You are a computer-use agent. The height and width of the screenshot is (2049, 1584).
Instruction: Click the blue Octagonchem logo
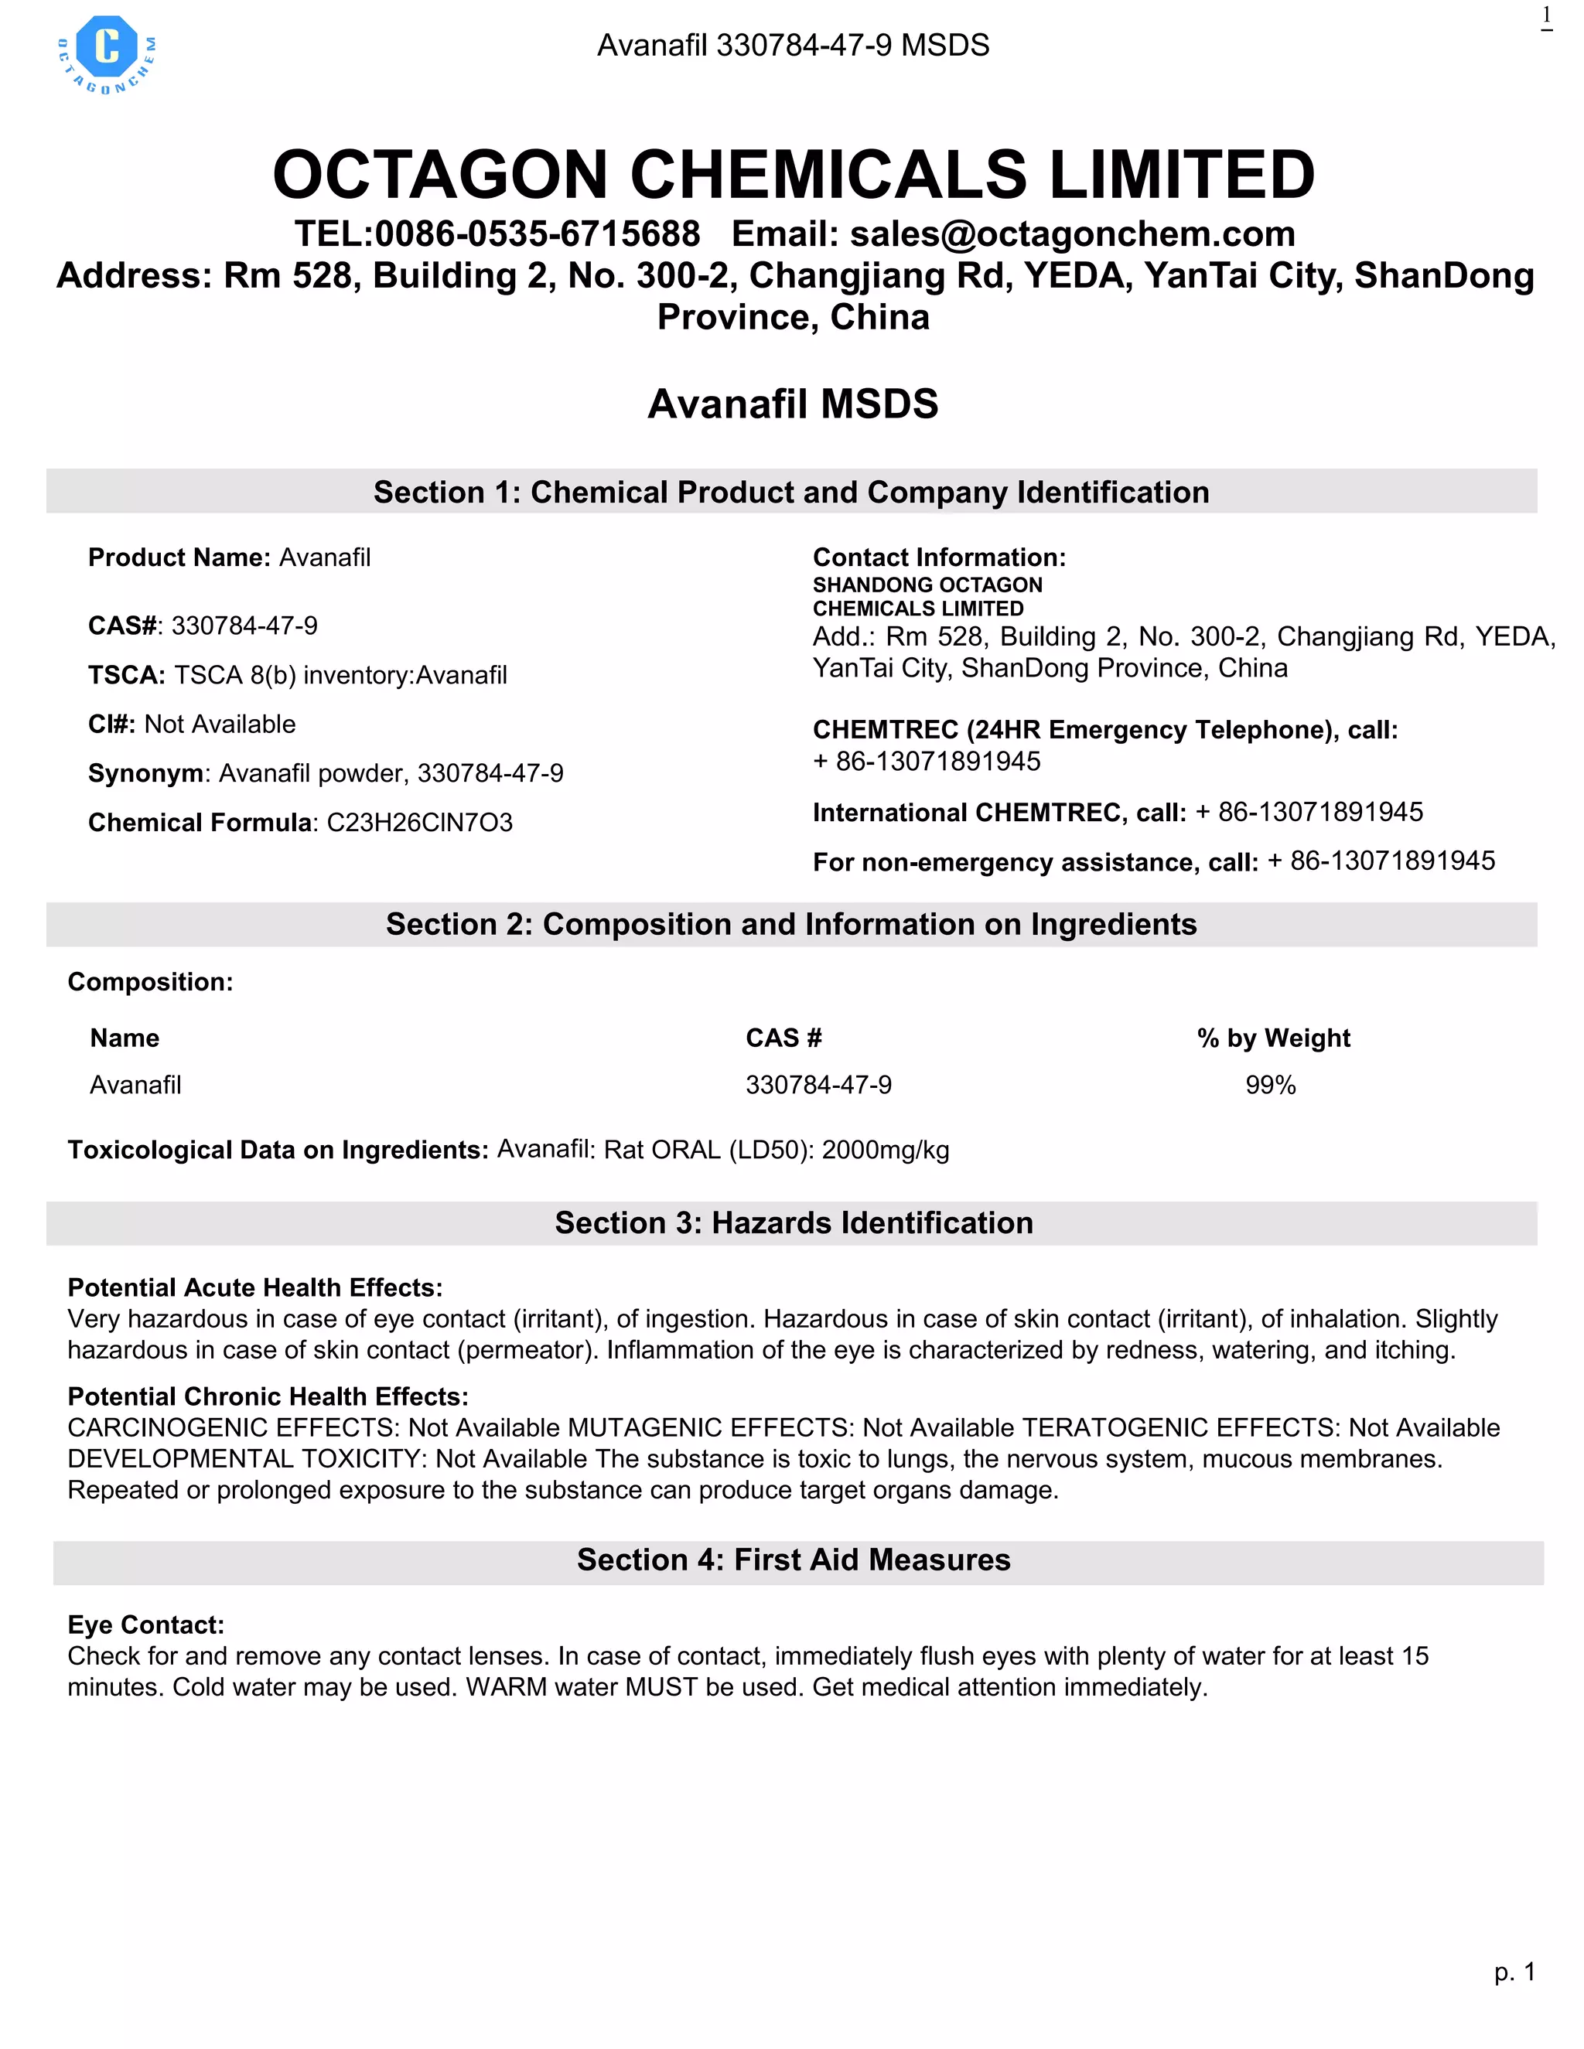(107, 53)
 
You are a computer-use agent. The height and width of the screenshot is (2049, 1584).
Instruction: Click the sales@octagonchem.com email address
(1072, 234)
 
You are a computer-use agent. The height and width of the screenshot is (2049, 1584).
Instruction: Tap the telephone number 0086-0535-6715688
(537, 234)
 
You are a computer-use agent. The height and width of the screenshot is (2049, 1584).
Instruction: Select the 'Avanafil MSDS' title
(792, 404)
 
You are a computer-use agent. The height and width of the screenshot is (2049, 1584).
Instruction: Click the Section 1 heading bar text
(791, 492)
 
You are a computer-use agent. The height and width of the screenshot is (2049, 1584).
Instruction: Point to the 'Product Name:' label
(179, 557)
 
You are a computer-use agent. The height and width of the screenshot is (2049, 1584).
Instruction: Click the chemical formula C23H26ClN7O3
(419, 823)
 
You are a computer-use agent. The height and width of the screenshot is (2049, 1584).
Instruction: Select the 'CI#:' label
(111, 724)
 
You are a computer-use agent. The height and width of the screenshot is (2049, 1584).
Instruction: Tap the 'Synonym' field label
(145, 773)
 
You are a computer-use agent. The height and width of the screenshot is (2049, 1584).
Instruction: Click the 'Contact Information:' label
(938, 557)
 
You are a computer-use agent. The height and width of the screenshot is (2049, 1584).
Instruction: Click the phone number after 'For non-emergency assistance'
(1381, 861)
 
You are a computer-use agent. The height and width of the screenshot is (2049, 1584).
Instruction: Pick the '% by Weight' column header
(1272, 1038)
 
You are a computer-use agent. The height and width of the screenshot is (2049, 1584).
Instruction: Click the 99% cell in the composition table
(1270, 1085)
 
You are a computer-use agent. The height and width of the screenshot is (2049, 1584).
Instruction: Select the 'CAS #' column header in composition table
(783, 1038)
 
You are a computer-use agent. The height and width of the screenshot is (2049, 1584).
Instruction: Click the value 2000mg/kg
(885, 1151)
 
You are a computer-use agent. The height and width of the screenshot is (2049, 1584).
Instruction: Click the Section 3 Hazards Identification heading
(793, 1222)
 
